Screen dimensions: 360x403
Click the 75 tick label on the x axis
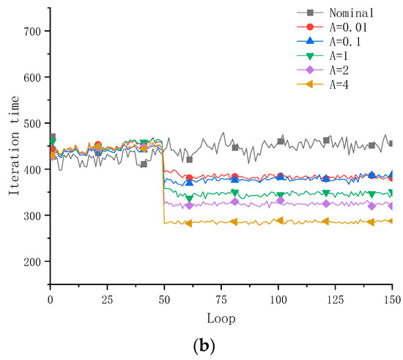pos(221,300)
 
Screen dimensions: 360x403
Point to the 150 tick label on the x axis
pos(392,300)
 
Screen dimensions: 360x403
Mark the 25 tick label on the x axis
pos(107,300)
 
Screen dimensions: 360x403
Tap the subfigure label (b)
pos(201,348)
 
